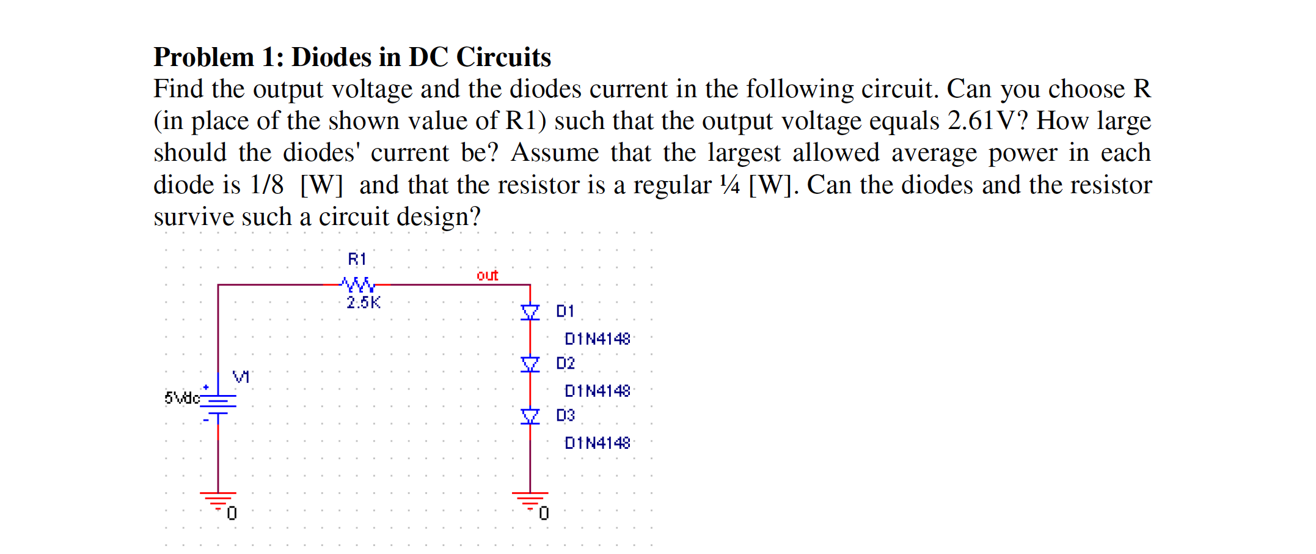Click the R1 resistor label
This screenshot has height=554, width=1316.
pyautogui.click(x=357, y=259)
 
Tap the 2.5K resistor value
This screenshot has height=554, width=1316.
pyautogui.click(x=363, y=302)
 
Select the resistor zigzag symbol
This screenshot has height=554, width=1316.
pyautogui.click(x=358, y=284)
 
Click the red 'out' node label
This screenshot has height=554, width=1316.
pyautogui.click(x=487, y=275)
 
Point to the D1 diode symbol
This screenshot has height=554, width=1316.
pyautogui.click(x=530, y=312)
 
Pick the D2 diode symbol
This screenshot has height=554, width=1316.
pyautogui.click(x=530, y=364)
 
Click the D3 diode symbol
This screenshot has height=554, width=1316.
pyautogui.click(x=530, y=416)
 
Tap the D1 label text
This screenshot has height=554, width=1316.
pyautogui.click(x=565, y=311)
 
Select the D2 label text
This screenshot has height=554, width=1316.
pyautogui.click(x=565, y=363)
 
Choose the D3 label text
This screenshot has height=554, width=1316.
pyautogui.click(x=565, y=415)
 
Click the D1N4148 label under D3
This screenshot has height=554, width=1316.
pyautogui.click(x=597, y=443)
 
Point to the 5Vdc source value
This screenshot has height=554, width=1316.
pyautogui.click(x=181, y=398)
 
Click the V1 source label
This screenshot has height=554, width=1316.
pyautogui.click(x=241, y=377)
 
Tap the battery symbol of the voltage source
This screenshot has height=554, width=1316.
pyautogui.click(x=218, y=404)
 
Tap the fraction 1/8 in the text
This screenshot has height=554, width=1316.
pyautogui.click(x=267, y=185)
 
